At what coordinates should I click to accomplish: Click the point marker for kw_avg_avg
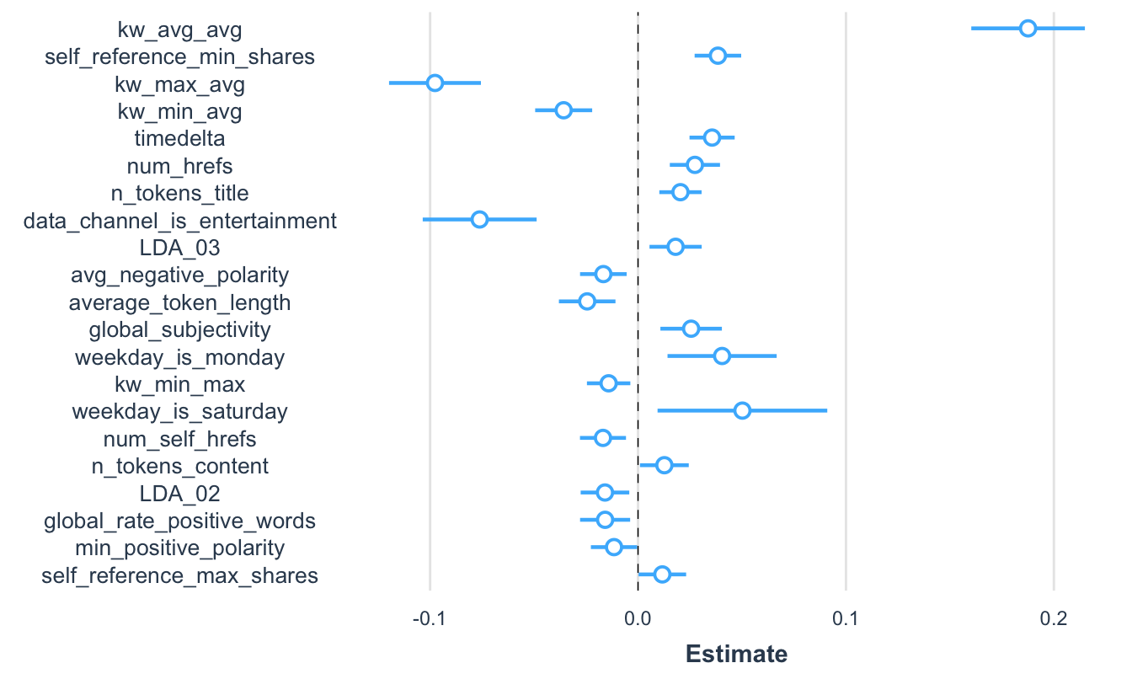point(1028,29)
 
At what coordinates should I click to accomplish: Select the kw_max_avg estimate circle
point(435,83)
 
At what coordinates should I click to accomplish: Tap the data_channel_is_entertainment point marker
point(479,220)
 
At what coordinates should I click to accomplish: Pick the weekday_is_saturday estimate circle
point(742,411)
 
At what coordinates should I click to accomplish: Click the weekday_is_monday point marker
point(722,356)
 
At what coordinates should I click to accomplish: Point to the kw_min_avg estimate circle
point(563,110)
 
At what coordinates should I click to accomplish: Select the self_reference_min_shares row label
point(179,57)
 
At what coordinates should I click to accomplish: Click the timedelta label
point(179,138)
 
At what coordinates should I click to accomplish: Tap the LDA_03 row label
point(179,248)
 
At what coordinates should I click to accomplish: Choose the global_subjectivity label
point(179,329)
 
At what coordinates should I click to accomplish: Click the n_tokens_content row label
point(179,466)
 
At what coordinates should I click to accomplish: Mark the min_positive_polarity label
point(179,548)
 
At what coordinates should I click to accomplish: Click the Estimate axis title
point(736,654)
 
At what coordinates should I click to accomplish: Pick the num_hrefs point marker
point(695,165)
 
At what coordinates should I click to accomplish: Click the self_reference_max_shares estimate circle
point(662,575)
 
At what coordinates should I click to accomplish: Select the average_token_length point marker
point(587,302)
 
